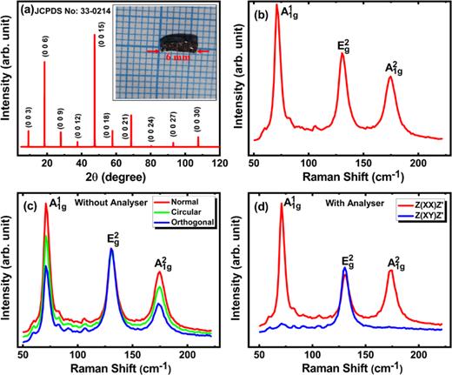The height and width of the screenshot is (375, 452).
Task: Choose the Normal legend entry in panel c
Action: tap(189, 201)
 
